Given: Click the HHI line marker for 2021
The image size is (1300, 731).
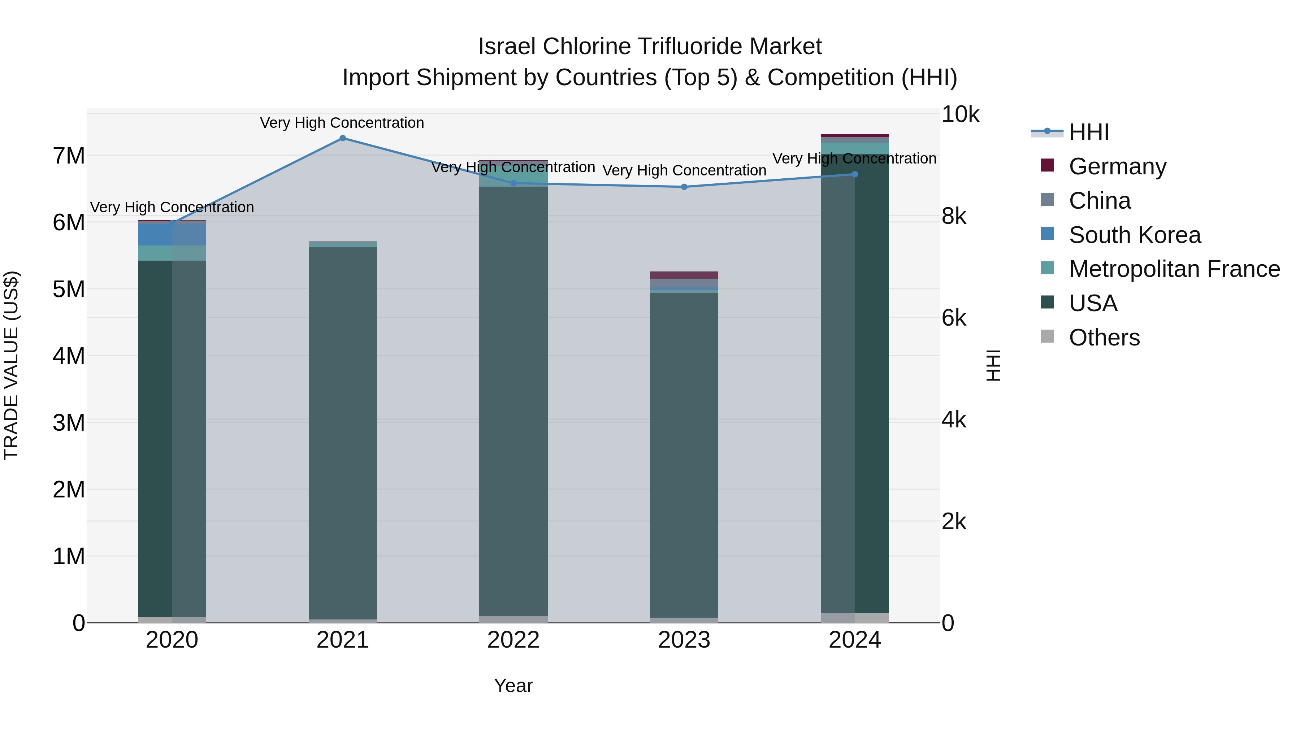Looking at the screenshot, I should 343,138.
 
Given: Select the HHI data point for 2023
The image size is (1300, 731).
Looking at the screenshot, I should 684,187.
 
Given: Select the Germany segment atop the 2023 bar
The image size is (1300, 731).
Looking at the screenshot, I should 684,275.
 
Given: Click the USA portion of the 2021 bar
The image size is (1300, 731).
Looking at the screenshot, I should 343,434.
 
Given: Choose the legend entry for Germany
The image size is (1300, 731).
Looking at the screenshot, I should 1117,166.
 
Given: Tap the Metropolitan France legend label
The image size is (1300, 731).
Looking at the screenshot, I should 1174,269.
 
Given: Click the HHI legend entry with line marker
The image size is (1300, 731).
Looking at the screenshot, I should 1088,132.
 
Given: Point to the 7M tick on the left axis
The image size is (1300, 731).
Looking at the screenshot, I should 69,156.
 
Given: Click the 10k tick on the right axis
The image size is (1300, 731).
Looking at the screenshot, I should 960,114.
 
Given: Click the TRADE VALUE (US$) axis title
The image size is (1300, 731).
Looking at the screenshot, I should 11,365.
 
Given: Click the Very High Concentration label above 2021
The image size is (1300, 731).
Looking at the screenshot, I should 342,123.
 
